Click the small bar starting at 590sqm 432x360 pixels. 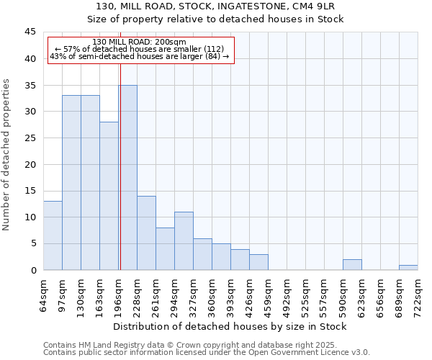tap(352, 265)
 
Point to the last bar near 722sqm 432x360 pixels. tap(408, 268)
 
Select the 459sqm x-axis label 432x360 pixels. tap(269, 294)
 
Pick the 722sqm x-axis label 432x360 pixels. tap(418, 294)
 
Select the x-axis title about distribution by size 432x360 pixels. tap(230, 326)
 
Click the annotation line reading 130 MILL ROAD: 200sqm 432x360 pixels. tap(140, 42)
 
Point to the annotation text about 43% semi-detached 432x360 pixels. tap(140, 56)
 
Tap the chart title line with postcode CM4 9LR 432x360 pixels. tap(216, 6)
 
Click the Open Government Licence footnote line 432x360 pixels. tap(207, 353)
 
